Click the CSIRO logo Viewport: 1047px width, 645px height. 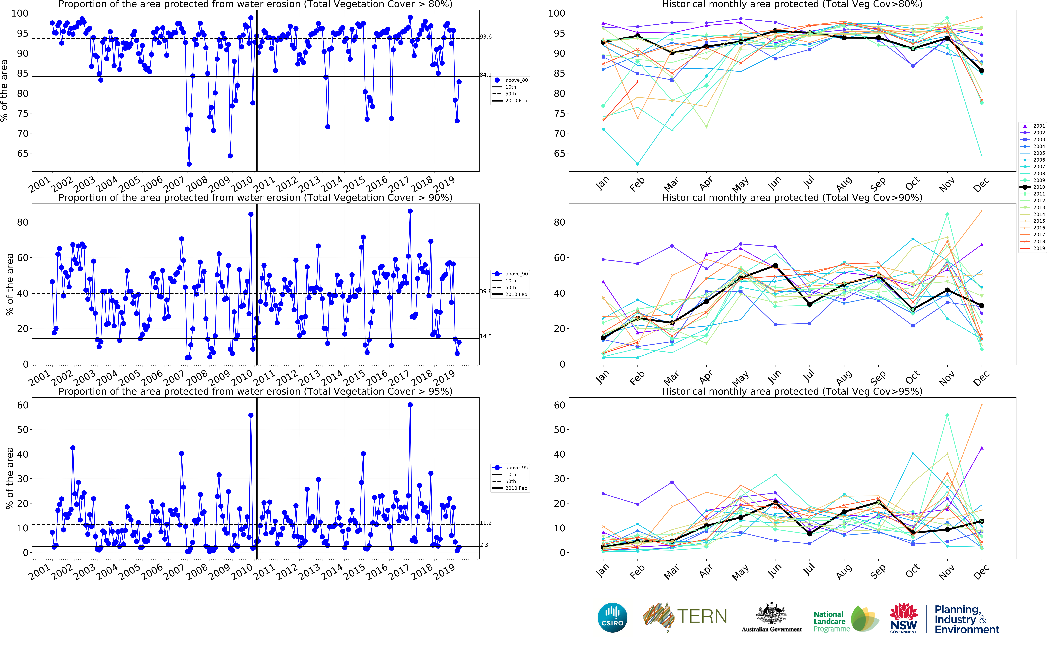pyautogui.click(x=612, y=617)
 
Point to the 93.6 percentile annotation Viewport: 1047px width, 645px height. pyautogui.click(x=485, y=37)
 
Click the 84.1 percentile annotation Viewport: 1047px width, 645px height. pyautogui.click(x=485, y=75)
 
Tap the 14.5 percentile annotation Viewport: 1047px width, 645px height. pyautogui.click(x=485, y=337)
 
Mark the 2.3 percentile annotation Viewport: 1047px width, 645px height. pyautogui.click(x=484, y=545)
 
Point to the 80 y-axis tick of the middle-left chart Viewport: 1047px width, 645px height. pyautogui.click(x=23, y=222)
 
